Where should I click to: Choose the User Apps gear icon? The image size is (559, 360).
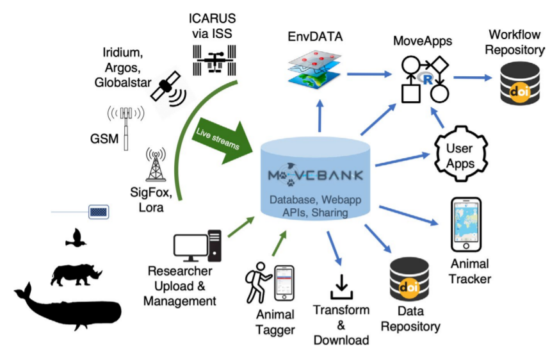[460, 154]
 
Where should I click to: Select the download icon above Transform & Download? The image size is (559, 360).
[341, 286]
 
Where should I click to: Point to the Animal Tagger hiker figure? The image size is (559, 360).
[257, 286]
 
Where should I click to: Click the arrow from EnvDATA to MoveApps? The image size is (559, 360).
[368, 75]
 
